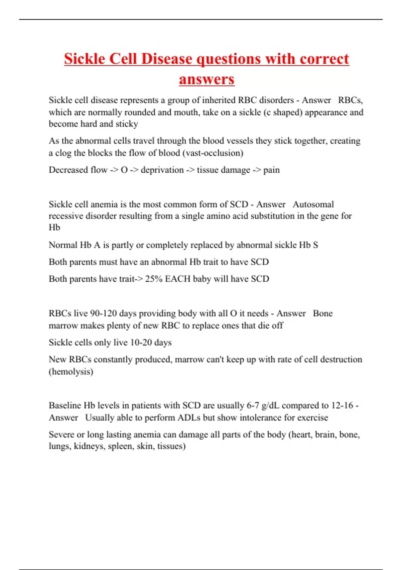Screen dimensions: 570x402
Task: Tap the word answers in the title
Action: (207, 79)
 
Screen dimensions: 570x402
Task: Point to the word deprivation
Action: (162, 170)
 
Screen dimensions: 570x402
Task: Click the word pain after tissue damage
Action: (271, 170)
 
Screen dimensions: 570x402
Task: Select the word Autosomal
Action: (313, 204)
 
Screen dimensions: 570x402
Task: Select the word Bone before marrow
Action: (323, 313)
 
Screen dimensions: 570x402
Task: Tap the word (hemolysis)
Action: (71, 372)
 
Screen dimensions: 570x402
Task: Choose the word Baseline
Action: (65, 405)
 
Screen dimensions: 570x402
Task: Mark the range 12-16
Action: (342, 405)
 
